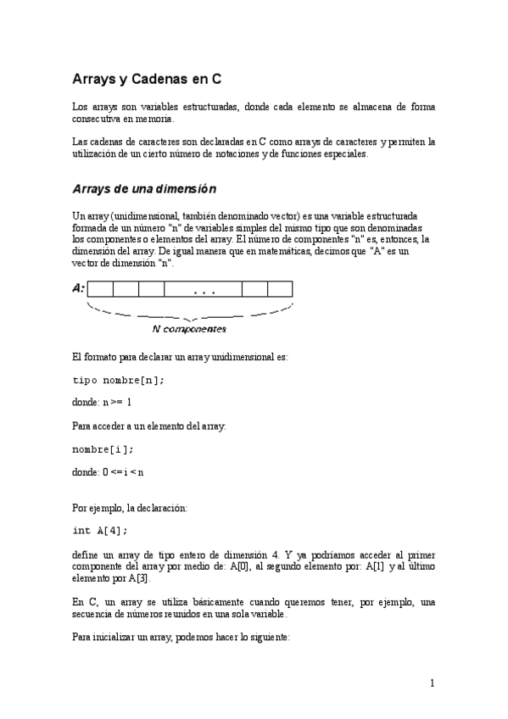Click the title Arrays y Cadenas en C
(147, 79)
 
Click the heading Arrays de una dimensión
(144, 188)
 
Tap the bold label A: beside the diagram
(78, 288)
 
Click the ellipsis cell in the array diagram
(204, 289)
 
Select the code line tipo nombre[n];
(119, 380)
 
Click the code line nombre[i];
(103, 449)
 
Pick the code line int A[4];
(100, 531)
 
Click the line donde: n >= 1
(102, 402)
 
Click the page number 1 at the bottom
(432, 683)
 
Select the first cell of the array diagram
(101, 289)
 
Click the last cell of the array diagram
(280, 289)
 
